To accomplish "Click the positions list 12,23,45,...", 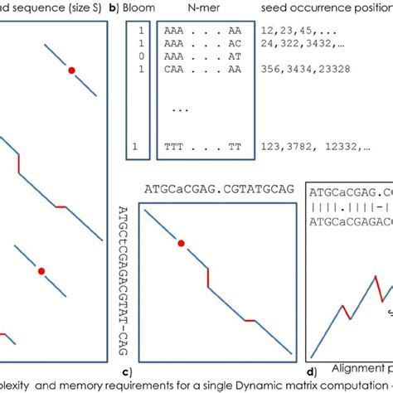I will tap(291, 27).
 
